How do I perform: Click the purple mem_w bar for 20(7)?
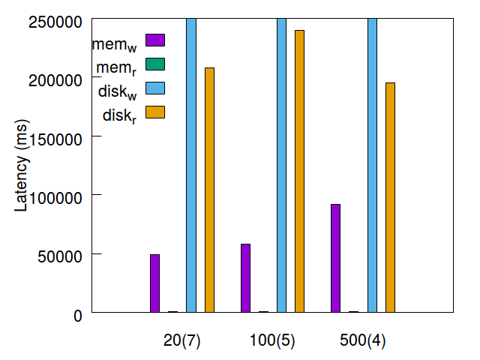[x=154, y=283]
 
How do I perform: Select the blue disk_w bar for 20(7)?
[x=191, y=165]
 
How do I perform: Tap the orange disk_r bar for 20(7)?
[x=209, y=190]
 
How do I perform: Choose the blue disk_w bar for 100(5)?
[x=281, y=165]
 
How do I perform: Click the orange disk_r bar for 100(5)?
[x=299, y=171]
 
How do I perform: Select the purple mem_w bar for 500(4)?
[x=335, y=258]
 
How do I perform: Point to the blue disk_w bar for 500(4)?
[x=372, y=165]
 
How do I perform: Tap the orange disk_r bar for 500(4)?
[x=390, y=197]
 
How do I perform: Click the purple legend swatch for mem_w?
[x=154, y=40]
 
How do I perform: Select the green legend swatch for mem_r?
[x=154, y=64]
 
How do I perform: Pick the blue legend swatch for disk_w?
[x=154, y=88]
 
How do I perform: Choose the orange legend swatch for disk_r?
[x=154, y=112]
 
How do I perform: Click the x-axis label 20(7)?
[x=182, y=340]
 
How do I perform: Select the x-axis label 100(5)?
[x=272, y=340]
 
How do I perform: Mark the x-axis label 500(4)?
[x=363, y=340]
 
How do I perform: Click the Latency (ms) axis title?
[x=22, y=165]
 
